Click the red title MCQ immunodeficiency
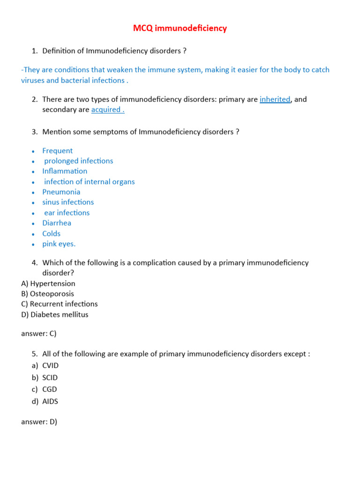(180, 29)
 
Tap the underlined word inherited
(275, 99)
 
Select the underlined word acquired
(107, 110)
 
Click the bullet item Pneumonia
(61, 192)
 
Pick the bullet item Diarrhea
(57, 223)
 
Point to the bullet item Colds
(51, 233)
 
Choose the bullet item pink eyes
(59, 244)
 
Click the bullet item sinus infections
(68, 202)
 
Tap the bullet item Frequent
(57, 150)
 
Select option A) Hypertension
(48, 284)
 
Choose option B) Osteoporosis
(47, 294)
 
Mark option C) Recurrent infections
(59, 304)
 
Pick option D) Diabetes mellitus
(54, 315)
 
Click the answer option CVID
(50, 366)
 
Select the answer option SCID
(50, 377)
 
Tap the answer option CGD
(49, 389)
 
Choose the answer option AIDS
(50, 401)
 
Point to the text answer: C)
(38, 334)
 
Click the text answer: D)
(39, 421)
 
